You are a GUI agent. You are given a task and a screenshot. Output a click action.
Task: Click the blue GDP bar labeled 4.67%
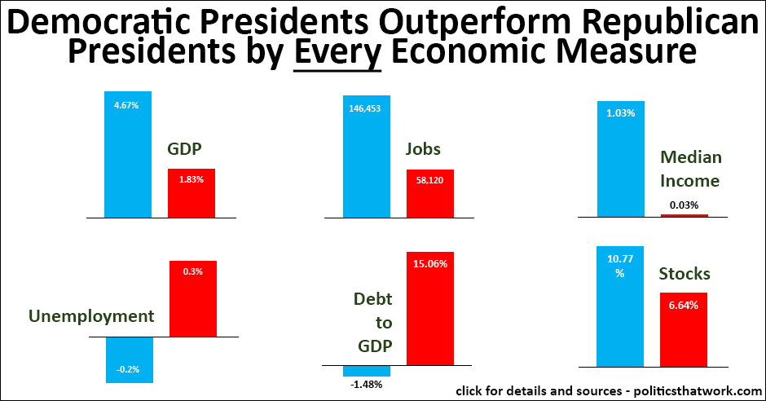(x=128, y=155)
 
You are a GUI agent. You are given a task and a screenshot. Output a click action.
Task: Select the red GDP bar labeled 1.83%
(x=191, y=193)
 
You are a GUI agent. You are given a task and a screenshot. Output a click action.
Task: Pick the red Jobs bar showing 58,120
(x=430, y=193)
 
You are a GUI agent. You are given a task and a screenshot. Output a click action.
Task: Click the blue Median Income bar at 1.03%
(x=621, y=159)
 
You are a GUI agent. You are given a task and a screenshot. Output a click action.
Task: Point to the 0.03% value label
(x=684, y=205)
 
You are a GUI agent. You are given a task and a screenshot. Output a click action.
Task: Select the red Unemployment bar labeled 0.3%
(x=192, y=298)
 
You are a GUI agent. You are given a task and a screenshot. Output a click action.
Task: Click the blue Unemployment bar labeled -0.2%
(x=129, y=359)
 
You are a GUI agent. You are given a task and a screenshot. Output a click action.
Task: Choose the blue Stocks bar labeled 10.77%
(x=620, y=306)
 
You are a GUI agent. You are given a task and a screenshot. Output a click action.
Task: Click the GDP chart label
(x=184, y=149)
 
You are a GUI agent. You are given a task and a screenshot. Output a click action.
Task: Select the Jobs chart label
(x=424, y=149)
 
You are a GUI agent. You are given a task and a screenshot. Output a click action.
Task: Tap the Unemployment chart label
(x=91, y=315)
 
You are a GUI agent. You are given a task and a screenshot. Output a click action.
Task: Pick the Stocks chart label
(x=685, y=274)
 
